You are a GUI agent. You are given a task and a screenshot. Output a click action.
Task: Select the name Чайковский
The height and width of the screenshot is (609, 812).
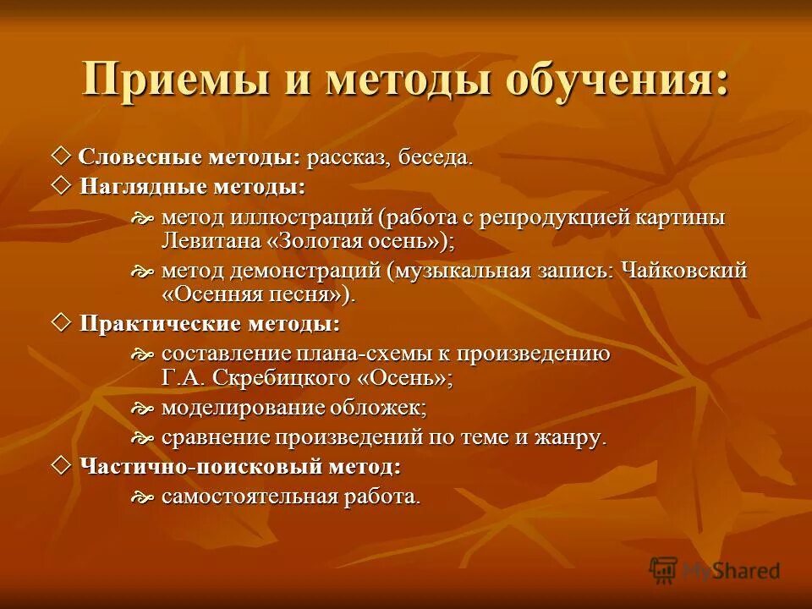coord(683,272)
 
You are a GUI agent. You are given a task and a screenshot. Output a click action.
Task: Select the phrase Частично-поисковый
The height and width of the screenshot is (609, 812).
coord(180,466)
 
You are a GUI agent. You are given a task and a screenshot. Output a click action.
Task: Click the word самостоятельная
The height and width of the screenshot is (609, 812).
coord(250,497)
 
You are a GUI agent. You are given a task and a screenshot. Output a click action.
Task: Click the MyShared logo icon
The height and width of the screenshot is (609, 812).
coord(663,570)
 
